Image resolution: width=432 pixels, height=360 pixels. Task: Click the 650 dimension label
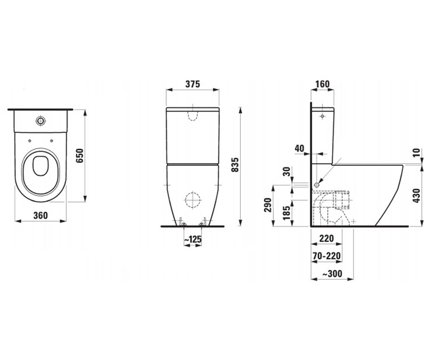click(x=80, y=156)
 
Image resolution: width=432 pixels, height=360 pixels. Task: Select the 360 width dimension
click(x=41, y=216)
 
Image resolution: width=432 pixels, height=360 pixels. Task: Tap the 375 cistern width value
click(x=193, y=84)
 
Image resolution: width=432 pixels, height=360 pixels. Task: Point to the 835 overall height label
click(x=235, y=165)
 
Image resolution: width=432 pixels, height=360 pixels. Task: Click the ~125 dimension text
click(x=193, y=239)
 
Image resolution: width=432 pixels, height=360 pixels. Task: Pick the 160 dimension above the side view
click(x=322, y=84)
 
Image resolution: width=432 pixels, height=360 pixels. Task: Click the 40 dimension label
click(x=300, y=148)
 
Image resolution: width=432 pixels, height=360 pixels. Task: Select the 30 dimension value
click(x=287, y=171)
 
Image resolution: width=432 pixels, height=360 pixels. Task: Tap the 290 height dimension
click(x=268, y=205)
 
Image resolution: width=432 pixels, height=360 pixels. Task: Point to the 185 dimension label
click(x=287, y=213)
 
